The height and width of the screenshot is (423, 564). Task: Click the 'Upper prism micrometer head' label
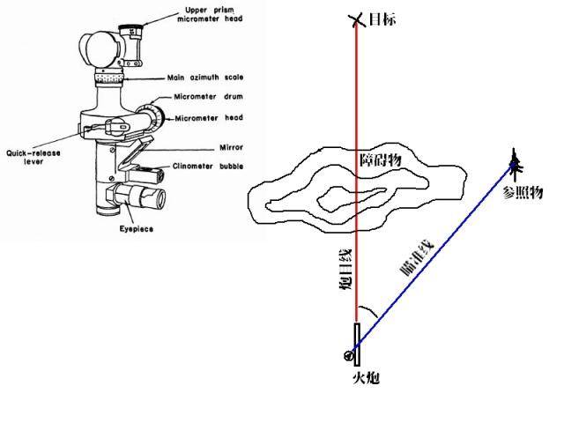click(210, 14)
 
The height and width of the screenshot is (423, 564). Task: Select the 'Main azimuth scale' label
click(205, 78)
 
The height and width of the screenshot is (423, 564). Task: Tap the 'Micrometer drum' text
click(208, 97)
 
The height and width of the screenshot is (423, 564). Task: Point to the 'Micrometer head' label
click(209, 118)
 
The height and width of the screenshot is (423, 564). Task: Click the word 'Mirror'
click(231, 147)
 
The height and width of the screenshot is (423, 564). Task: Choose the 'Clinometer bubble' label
click(208, 167)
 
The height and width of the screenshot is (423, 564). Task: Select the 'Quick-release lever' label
click(33, 157)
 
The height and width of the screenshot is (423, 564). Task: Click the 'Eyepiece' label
click(137, 229)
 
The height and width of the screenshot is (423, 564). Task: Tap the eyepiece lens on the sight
click(160, 198)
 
